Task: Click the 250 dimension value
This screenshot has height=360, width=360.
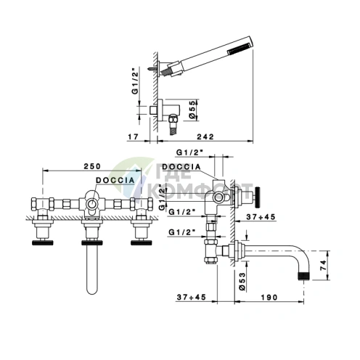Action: pos(92,166)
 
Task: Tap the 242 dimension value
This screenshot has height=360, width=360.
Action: pos(205,136)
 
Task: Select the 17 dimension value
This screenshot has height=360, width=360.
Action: pos(133,136)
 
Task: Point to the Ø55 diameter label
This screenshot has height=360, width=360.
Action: pos(192,110)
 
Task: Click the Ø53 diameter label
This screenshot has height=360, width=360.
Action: pos(242,281)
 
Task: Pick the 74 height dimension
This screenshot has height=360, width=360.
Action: pos(324,266)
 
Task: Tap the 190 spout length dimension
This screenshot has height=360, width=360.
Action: pos(269,297)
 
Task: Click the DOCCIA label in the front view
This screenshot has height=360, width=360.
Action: pos(115,180)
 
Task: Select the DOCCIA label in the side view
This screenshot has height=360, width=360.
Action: pos(181,167)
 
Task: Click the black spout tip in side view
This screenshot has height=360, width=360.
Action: pos(304,276)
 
